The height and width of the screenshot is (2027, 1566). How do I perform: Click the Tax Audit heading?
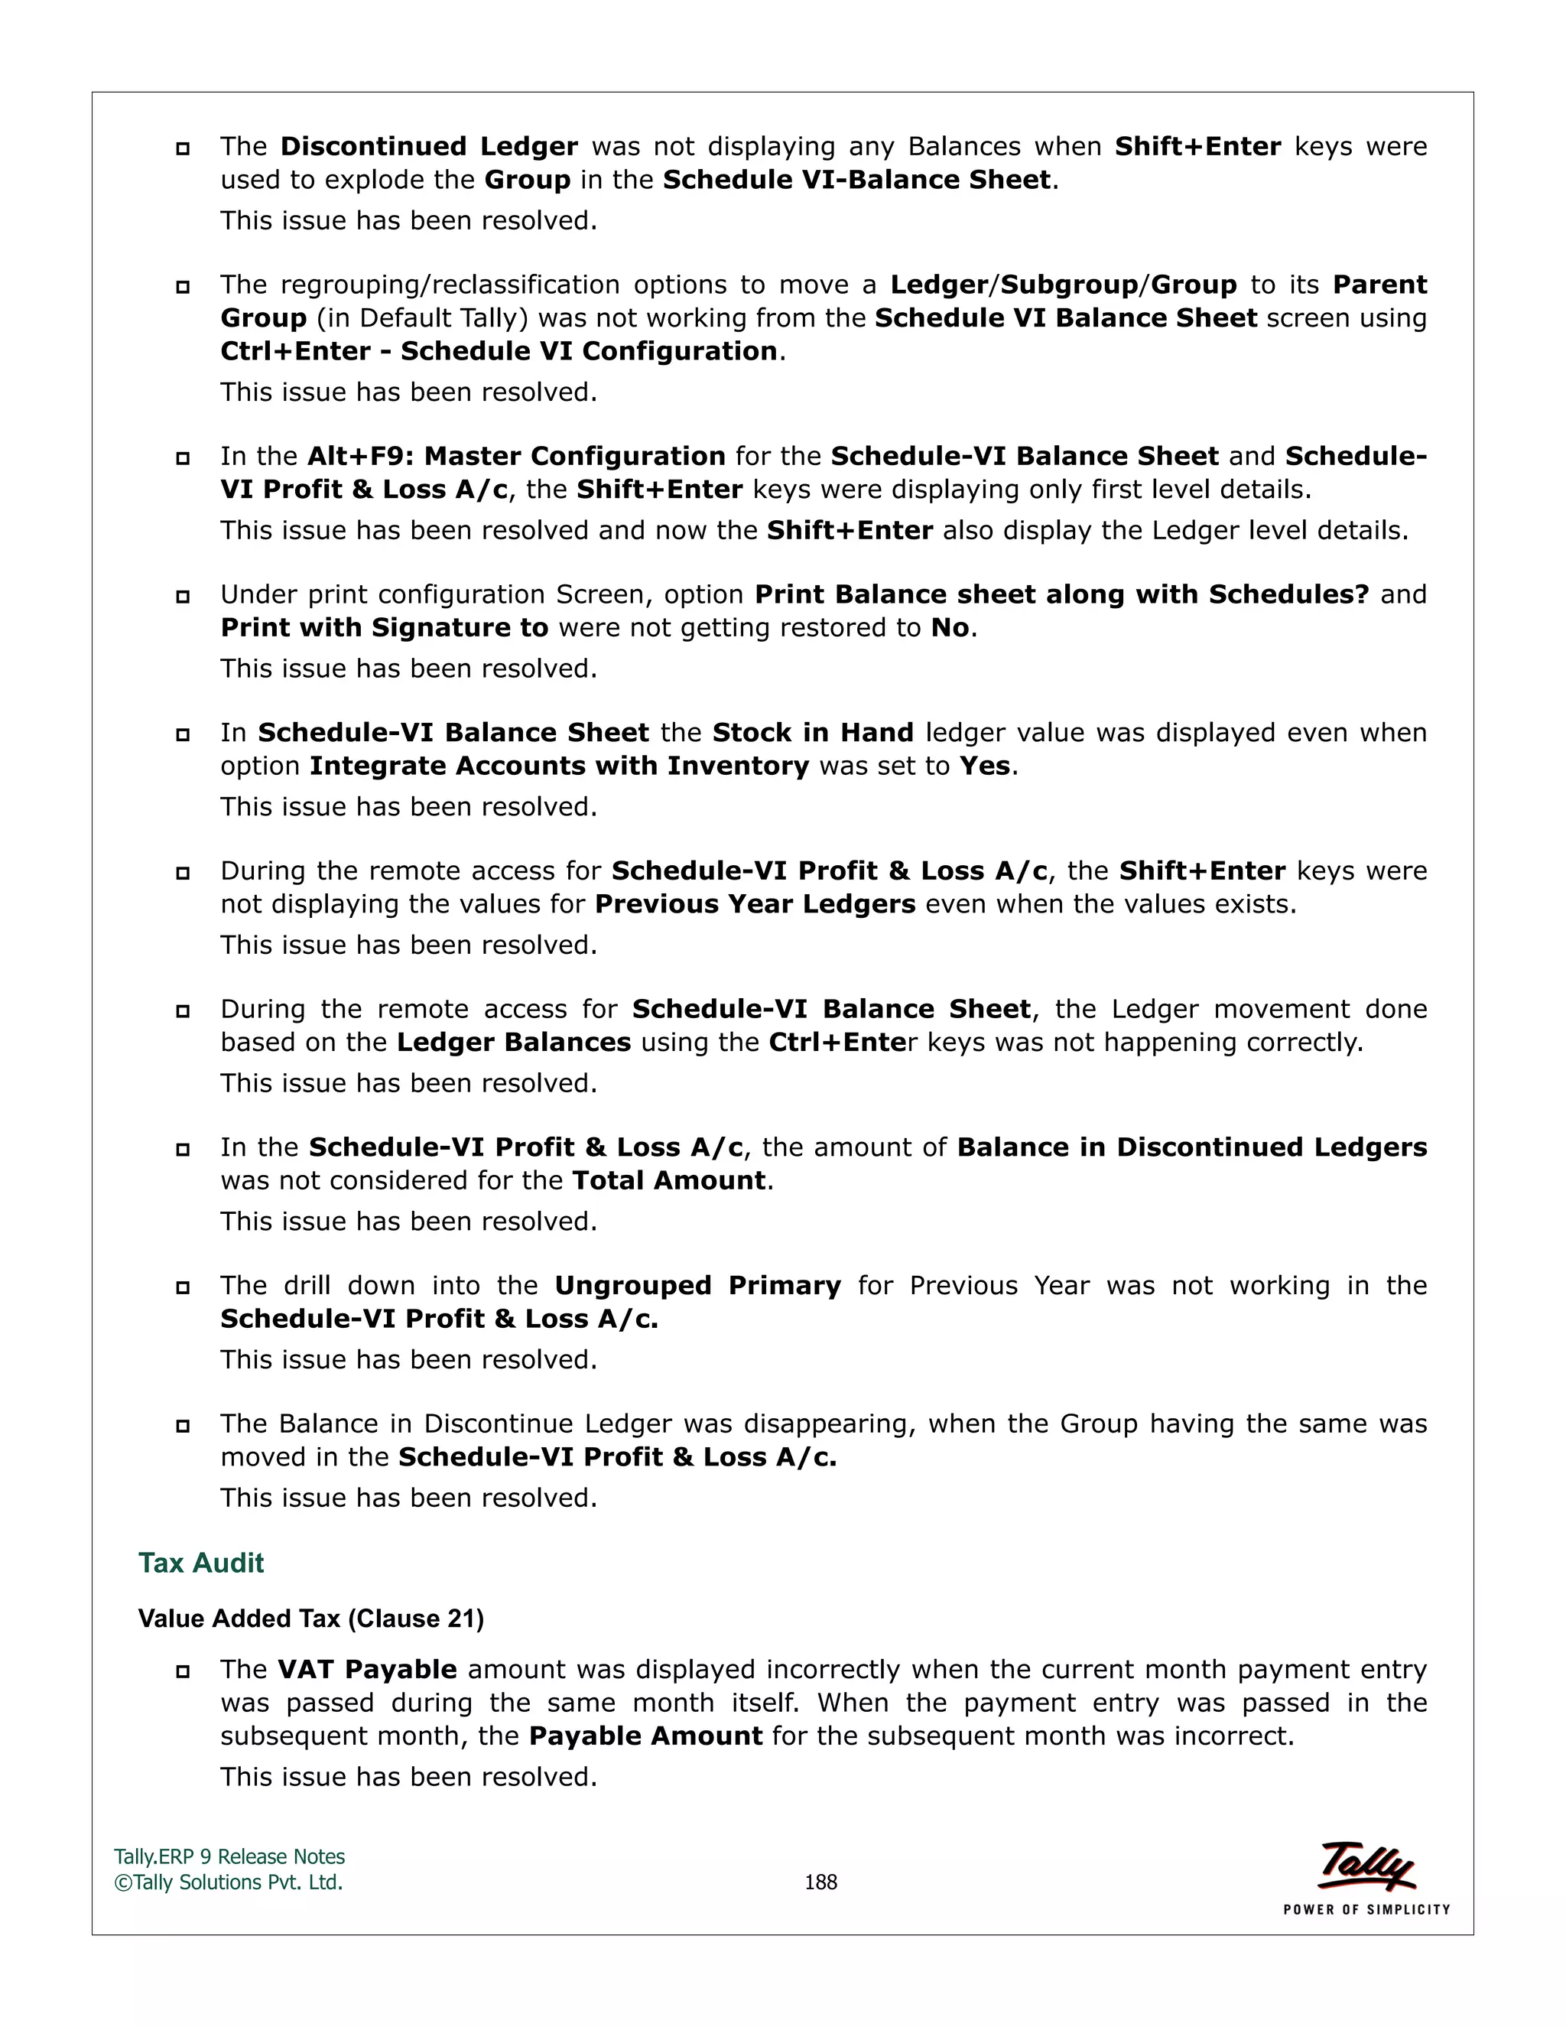200,1563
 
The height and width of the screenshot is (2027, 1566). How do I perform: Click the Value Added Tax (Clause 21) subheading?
310,1619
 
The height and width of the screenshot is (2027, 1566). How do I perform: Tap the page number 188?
820,1882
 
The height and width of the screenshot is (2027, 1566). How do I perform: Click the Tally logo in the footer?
1366,1866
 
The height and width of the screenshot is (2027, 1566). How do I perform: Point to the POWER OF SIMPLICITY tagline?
1366,1910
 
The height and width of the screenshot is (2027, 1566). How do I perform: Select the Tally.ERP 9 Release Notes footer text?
229,1857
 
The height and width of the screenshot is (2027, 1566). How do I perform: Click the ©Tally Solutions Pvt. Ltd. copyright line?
228,1882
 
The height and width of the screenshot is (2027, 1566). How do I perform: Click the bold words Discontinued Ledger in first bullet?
429,147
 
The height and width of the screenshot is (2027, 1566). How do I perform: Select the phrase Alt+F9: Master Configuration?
516,457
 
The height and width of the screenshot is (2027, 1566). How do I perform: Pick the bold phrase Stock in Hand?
813,734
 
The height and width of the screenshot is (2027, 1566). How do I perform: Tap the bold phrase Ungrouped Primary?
697,1286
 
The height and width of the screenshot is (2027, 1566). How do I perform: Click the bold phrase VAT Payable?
366,1670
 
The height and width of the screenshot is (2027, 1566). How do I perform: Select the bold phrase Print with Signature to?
384,628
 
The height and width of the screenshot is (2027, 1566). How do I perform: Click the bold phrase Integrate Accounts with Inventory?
560,766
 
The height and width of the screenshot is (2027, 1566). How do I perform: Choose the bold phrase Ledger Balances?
513,1043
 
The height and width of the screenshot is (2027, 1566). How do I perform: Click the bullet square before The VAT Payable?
183,1671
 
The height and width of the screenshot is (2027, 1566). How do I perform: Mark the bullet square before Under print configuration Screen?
183,596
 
